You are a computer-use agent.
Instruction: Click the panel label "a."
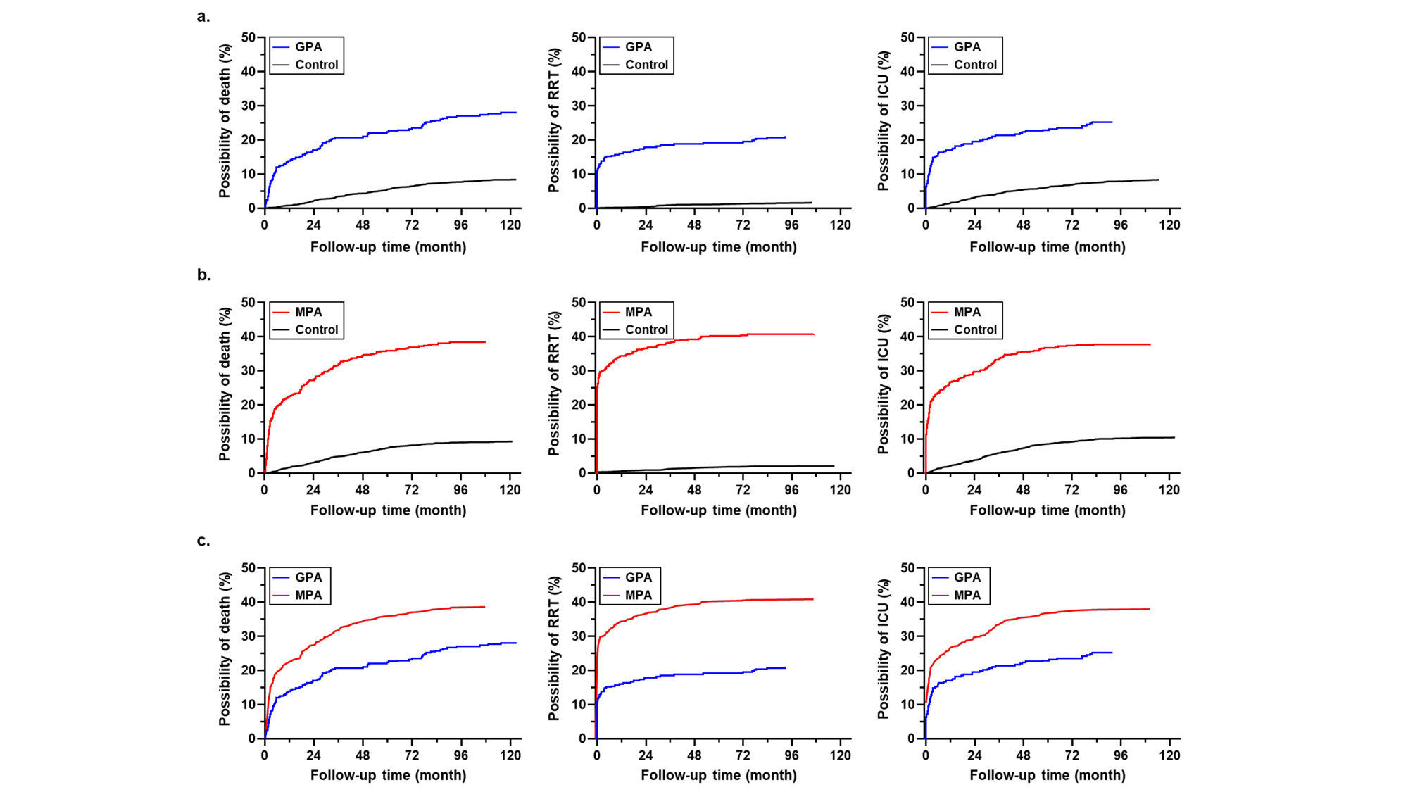click(x=203, y=17)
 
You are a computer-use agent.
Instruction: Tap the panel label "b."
click(x=203, y=275)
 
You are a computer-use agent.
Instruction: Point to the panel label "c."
click(x=203, y=541)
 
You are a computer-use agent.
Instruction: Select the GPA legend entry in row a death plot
click(x=308, y=47)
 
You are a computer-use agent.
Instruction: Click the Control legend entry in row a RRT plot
click(x=646, y=65)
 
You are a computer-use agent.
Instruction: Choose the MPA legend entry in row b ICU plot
click(x=967, y=312)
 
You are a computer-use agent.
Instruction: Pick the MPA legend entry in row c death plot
click(x=308, y=595)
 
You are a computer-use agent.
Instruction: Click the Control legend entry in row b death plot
click(x=316, y=329)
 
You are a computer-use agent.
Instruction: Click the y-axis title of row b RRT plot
click(x=554, y=384)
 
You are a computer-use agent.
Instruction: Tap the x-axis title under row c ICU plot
click(x=1047, y=775)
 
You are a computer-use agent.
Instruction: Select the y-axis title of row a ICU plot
click(x=883, y=120)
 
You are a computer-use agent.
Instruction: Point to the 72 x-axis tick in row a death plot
click(x=411, y=225)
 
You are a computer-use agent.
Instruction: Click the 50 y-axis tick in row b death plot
click(x=248, y=303)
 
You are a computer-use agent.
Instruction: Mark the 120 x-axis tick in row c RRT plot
click(x=840, y=755)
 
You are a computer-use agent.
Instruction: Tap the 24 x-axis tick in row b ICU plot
click(x=974, y=490)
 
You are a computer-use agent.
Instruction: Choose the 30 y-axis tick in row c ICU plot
click(x=907, y=636)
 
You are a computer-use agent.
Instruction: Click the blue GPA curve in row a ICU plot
click(x=1021, y=132)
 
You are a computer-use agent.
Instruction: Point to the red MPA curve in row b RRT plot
click(x=704, y=337)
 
